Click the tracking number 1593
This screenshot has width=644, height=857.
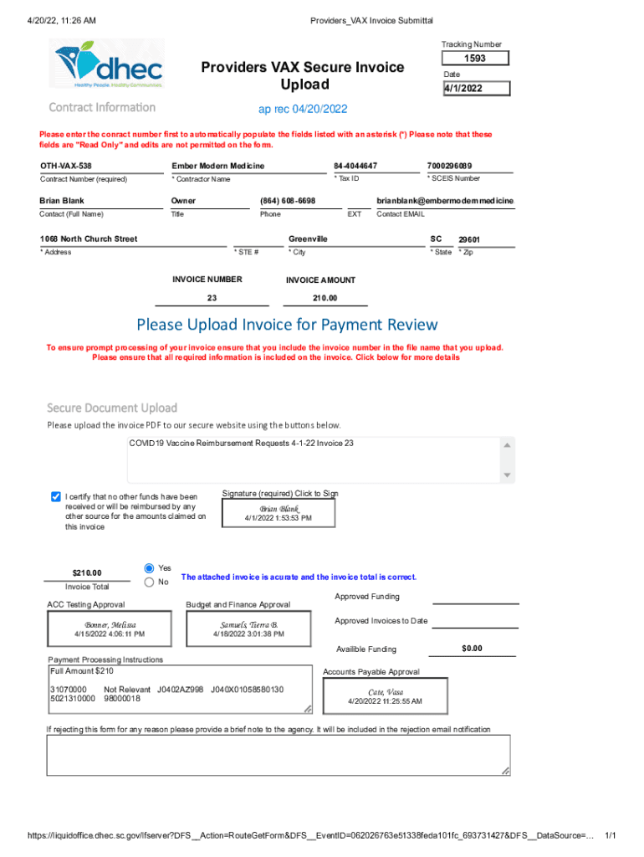click(x=474, y=59)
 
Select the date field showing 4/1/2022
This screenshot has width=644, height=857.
click(x=474, y=88)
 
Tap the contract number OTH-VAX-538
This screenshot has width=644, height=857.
click(x=66, y=166)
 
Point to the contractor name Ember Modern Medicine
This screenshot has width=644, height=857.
click(x=217, y=166)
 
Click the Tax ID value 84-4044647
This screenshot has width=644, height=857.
click(x=355, y=166)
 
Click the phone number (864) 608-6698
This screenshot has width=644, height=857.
click(x=288, y=201)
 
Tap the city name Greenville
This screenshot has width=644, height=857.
click(x=308, y=239)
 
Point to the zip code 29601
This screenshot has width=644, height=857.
click(x=469, y=240)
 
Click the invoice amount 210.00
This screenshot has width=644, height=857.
click(x=325, y=298)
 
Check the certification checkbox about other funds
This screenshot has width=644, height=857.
click(x=56, y=496)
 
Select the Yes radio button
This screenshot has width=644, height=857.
click(x=150, y=567)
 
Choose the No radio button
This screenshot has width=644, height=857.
click(x=150, y=582)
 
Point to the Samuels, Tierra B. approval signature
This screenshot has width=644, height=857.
click(x=248, y=625)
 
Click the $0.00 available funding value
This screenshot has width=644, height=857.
click(x=473, y=649)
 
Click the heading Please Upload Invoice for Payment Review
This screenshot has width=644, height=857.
click(x=287, y=324)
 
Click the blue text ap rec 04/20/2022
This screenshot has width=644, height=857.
click(x=302, y=110)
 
